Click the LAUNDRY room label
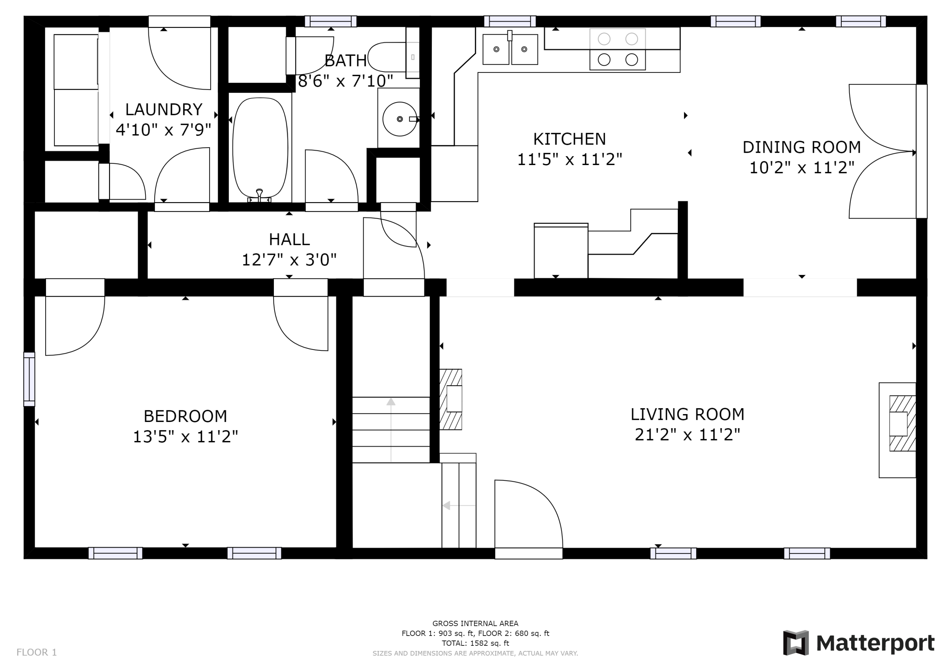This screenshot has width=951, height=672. [164, 110]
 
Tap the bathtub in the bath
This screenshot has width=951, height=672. [260, 148]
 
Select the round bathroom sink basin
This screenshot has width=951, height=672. [400, 119]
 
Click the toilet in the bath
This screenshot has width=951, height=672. [393, 57]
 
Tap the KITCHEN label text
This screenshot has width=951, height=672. [570, 139]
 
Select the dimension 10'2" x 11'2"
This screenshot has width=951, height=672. [802, 168]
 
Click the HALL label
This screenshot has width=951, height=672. [289, 239]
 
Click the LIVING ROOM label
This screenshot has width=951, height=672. [688, 414]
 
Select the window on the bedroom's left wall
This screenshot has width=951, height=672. [29, 379]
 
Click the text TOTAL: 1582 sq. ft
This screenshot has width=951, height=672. [475, 643]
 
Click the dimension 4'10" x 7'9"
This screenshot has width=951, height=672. [164, 130]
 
